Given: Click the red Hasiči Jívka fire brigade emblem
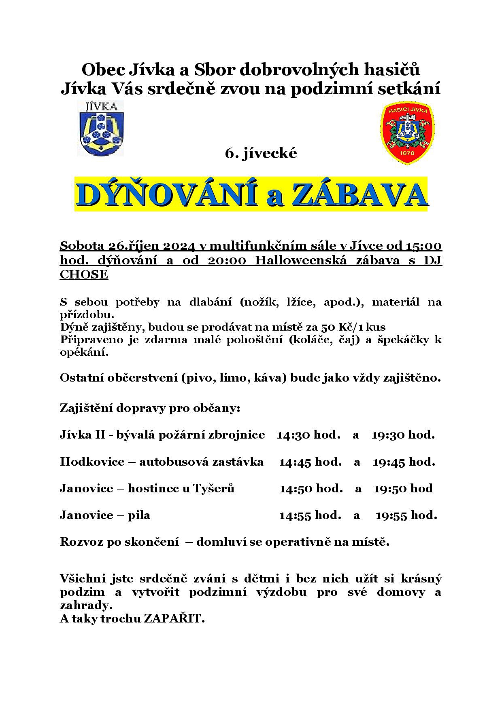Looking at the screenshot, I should click(407, 133).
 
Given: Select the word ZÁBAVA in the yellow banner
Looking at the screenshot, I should click(358, 195).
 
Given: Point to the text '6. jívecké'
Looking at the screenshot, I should click(261, 153).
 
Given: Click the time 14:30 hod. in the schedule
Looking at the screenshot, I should click(308, 435).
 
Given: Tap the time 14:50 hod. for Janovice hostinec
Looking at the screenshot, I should click(311, 488).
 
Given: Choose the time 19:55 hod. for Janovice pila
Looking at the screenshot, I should click(406, 515).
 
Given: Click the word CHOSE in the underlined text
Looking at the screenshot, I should click(84, 274).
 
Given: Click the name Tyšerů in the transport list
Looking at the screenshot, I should click(213, 489).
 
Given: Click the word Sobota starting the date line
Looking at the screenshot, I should click(82, 246).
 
